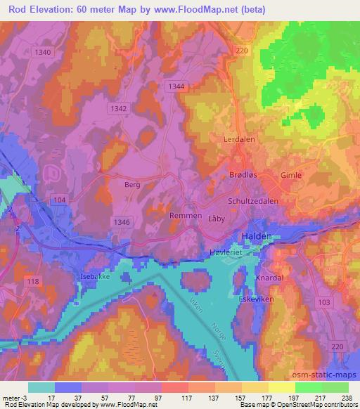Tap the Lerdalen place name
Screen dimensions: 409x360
[239, 140]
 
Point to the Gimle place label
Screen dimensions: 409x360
[290, 175]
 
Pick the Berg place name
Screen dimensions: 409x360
[132, 184]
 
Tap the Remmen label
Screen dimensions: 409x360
[186, 216]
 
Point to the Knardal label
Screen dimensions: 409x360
[270, 278]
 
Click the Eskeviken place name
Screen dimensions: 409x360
[257, 298]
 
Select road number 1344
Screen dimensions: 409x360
[177, 85]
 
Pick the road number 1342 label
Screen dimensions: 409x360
[120, 108]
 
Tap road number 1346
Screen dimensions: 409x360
[121, 221]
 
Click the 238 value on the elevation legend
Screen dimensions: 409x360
[345, 397]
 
